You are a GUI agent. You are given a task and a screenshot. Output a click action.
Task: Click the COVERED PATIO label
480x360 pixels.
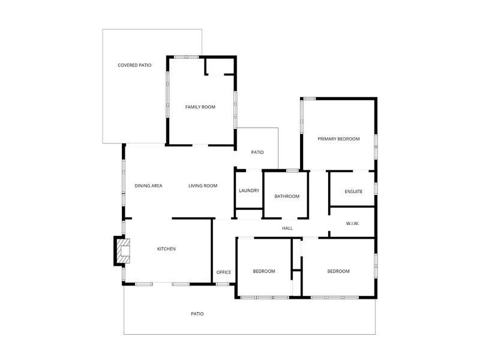tap(134, 65)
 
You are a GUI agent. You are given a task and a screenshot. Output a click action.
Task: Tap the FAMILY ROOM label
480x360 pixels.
tap(200, 107)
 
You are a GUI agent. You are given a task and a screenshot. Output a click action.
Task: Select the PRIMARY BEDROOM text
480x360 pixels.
tap(338, 139)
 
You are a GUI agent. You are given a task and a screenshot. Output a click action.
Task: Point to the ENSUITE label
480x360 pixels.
tap(353, 191)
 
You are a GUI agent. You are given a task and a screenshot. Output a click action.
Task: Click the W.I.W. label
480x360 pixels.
tap(352, 224)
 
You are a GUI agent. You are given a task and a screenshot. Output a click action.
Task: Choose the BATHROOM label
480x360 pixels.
tap(287, 196)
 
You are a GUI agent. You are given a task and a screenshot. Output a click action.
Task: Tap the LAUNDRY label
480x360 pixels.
tap(249, 191)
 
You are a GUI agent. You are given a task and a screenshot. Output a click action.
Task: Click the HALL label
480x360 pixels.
tap(287, 229)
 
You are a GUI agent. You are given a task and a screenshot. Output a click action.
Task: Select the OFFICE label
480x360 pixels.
tap(224, 272)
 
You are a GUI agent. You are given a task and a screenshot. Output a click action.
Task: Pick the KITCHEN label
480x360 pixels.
tap(166, 249)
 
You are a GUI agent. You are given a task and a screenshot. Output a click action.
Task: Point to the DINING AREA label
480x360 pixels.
tap(148, 186)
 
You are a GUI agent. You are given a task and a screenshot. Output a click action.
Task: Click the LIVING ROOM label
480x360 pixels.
tap(203, 186)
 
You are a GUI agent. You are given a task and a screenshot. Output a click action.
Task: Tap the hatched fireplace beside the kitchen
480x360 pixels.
tap(124, 251)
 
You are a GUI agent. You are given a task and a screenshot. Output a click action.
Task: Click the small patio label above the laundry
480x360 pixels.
tap(257, 152)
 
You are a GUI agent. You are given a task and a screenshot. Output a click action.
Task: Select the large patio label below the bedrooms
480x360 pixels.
tap(197, 313)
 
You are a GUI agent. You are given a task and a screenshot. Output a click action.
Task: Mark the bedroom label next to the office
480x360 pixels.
tap(264, 271)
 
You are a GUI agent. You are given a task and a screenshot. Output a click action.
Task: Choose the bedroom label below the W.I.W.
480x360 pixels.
tap(338, 271)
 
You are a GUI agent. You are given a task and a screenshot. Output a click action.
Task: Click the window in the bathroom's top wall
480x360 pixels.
tap(292, 171)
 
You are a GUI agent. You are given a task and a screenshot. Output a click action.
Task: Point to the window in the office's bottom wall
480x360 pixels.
tap(223, 284)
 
